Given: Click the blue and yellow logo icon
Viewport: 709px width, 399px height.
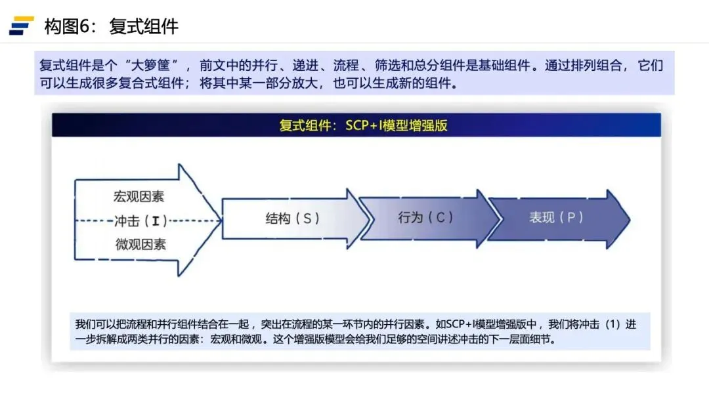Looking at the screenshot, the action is [x=21, y=26].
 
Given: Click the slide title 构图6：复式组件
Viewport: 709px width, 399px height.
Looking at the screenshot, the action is [x=111, y=27].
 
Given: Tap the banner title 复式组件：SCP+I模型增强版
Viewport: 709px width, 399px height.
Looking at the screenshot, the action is [x=363, y=125].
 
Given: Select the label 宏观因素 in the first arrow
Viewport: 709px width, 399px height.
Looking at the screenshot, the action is [x=139, y=196].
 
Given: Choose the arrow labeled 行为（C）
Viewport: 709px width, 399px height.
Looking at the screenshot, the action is [x=426, y=217].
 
